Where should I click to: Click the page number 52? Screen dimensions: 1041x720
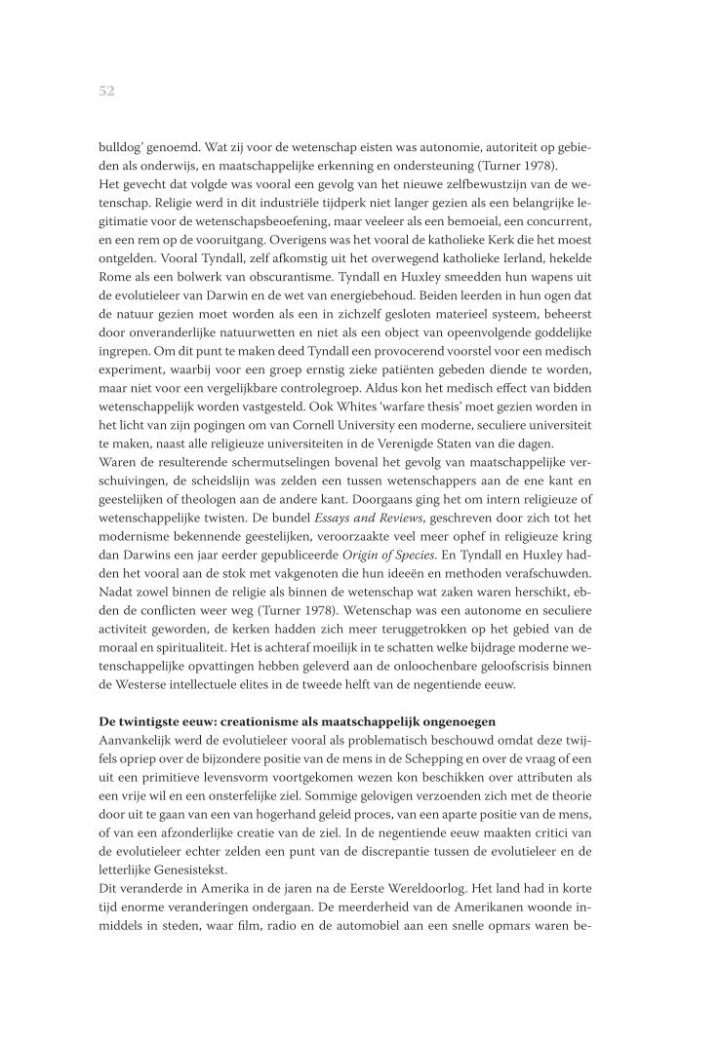click(x=107, y=91)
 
